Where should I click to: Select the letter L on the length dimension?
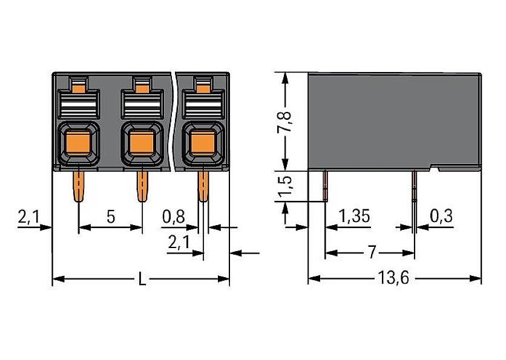coord(141,279)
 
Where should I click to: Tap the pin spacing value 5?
coord(111,217)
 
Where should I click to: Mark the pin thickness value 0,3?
coord(442,216)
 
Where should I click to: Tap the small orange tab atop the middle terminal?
coord(141,88)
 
